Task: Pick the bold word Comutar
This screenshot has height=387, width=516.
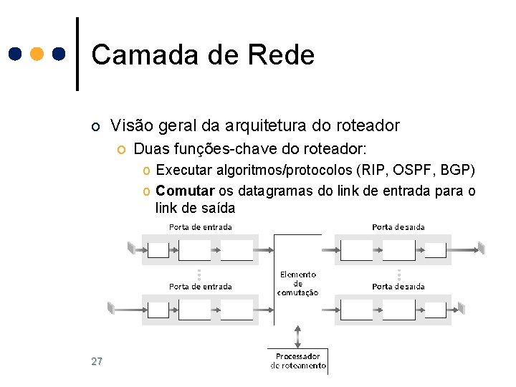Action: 185,191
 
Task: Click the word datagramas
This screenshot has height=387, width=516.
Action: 269,191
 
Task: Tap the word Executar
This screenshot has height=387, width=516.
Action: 183,171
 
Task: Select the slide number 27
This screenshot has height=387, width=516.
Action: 97,361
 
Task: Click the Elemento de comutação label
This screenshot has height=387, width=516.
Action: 297,284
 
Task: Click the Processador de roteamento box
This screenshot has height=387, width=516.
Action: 298,360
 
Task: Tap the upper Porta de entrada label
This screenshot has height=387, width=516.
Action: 201,227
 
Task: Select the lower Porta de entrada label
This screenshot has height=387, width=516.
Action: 201,287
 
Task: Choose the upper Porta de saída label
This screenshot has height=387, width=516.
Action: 398,227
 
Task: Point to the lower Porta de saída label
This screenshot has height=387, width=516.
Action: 398,287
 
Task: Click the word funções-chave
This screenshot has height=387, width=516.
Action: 206,150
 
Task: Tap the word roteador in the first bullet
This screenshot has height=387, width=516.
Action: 365,126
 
